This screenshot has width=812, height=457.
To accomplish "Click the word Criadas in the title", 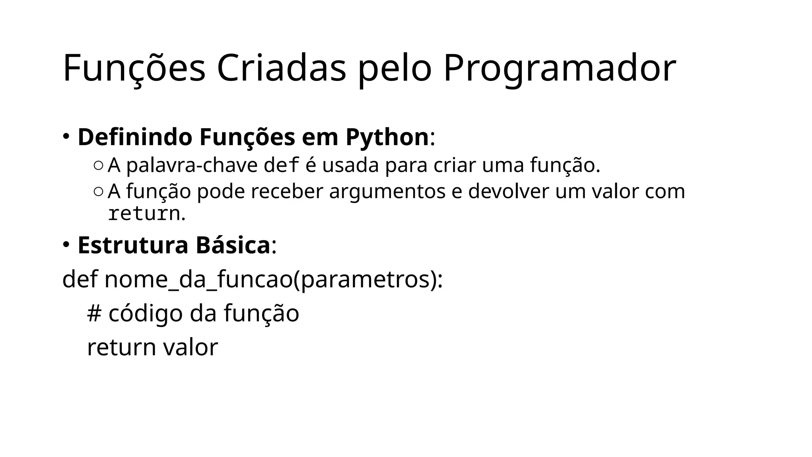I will pyautogui.click(x=282, y=68).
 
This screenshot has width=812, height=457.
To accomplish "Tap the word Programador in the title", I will pyautogui.click(x=559, y=68).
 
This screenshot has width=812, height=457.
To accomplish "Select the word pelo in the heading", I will pyautogui.click(x=395, y=68).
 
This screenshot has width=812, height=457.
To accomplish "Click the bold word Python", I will pyautogui.click(x=387, y=137).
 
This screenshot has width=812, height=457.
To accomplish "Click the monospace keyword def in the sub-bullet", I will pyautogui.click(x=281, y=165).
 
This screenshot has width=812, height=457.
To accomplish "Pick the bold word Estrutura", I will pyautogui.click(x=133, y=245).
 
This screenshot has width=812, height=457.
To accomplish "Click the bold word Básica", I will pyautogui.click(x=233, y=245).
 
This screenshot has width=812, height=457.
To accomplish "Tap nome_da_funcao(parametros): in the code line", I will pyautogui.click(x=274, y=279).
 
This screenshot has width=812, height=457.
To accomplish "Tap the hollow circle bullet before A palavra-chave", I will pyautogui.click(x=99, y=165).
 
